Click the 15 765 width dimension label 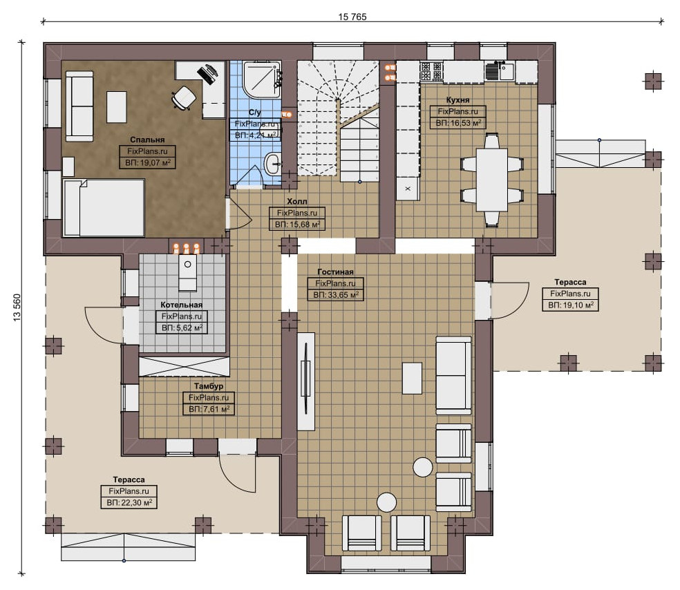[x=352, y=17]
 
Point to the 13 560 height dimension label [x=17, y=307]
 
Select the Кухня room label [x=457, y=100]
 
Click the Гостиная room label [x=335, y=272]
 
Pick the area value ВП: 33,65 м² [x=336, y=295]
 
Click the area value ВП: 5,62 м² [x=182, y=328]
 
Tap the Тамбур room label [x=209, y=386]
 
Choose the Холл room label [x=296, y=201]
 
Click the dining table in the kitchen [x=492, y=180]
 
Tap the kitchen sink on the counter [x=500, y=71]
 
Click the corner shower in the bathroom [x=261, y=79]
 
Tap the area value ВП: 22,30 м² [x=129, y=503]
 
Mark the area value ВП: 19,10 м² [x=570, y=305]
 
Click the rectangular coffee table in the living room [x=412, y=379]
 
